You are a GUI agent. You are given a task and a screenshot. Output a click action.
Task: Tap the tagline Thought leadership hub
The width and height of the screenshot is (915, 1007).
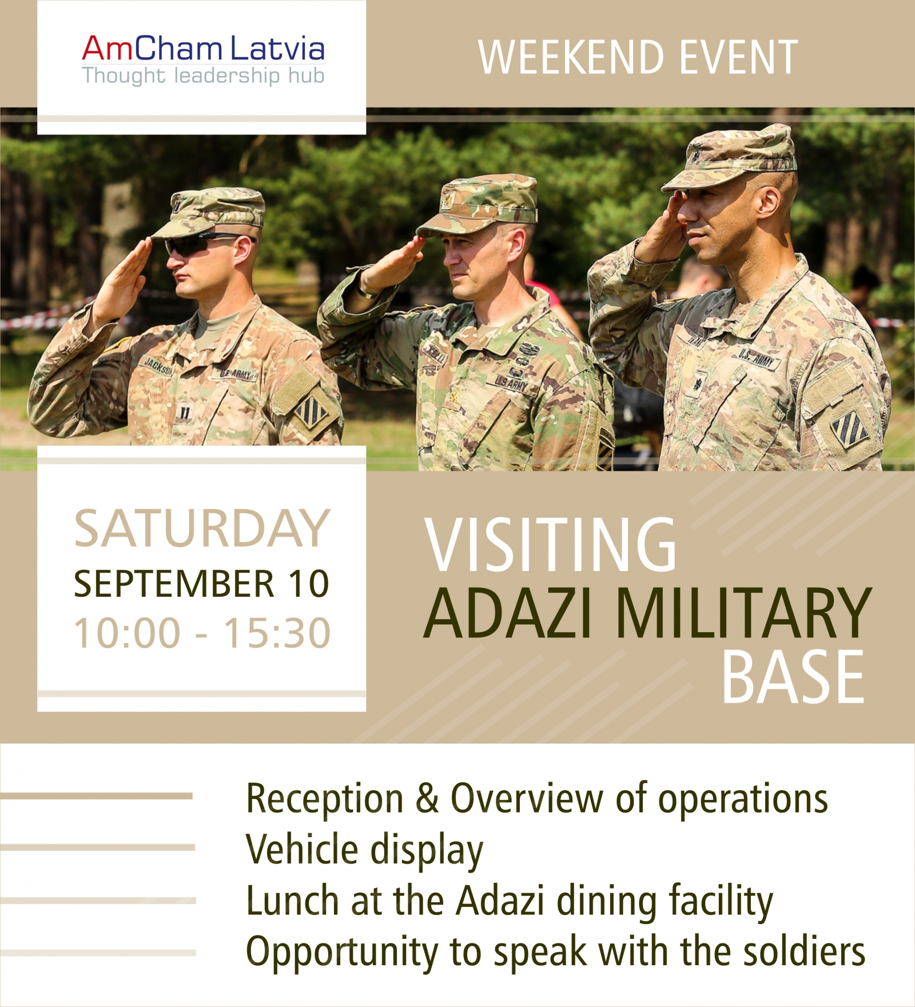203,76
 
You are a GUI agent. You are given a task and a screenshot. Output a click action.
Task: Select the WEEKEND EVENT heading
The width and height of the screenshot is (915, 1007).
638,57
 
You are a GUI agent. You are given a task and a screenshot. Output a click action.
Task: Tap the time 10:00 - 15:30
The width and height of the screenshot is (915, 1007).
202,633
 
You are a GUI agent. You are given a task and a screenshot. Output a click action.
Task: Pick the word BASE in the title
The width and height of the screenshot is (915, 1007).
793,677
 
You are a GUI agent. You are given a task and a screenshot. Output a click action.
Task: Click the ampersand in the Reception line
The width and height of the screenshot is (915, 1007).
427,798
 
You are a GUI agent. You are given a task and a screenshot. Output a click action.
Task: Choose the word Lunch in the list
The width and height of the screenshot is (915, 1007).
292,901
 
